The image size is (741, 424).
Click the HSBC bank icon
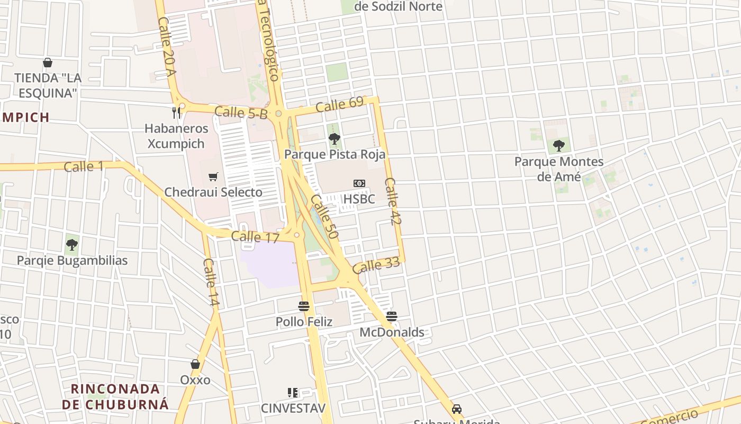(359, 183)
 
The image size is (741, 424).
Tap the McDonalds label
(392, 332)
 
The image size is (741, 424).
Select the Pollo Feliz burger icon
(304, 306)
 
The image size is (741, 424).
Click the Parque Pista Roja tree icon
(334, 139)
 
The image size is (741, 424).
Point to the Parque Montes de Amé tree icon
(558, 146)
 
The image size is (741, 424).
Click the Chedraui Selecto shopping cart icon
(213, 176)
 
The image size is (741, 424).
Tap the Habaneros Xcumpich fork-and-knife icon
(176, 112)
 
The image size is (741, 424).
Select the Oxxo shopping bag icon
(195, 364)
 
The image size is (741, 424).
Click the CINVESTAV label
(293, 408)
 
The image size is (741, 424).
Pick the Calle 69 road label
(339, 104)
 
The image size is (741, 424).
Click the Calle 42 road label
(393, 201)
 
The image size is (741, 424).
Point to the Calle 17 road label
(255, 237)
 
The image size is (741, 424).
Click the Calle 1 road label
(84, 167)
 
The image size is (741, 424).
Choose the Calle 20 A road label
(166, 47)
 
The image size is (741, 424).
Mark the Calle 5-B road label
(241, 112)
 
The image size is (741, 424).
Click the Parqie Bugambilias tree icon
(72, 245)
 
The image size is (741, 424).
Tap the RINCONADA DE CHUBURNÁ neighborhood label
(115, 396)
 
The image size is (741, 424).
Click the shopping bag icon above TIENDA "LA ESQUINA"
(48, 63)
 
